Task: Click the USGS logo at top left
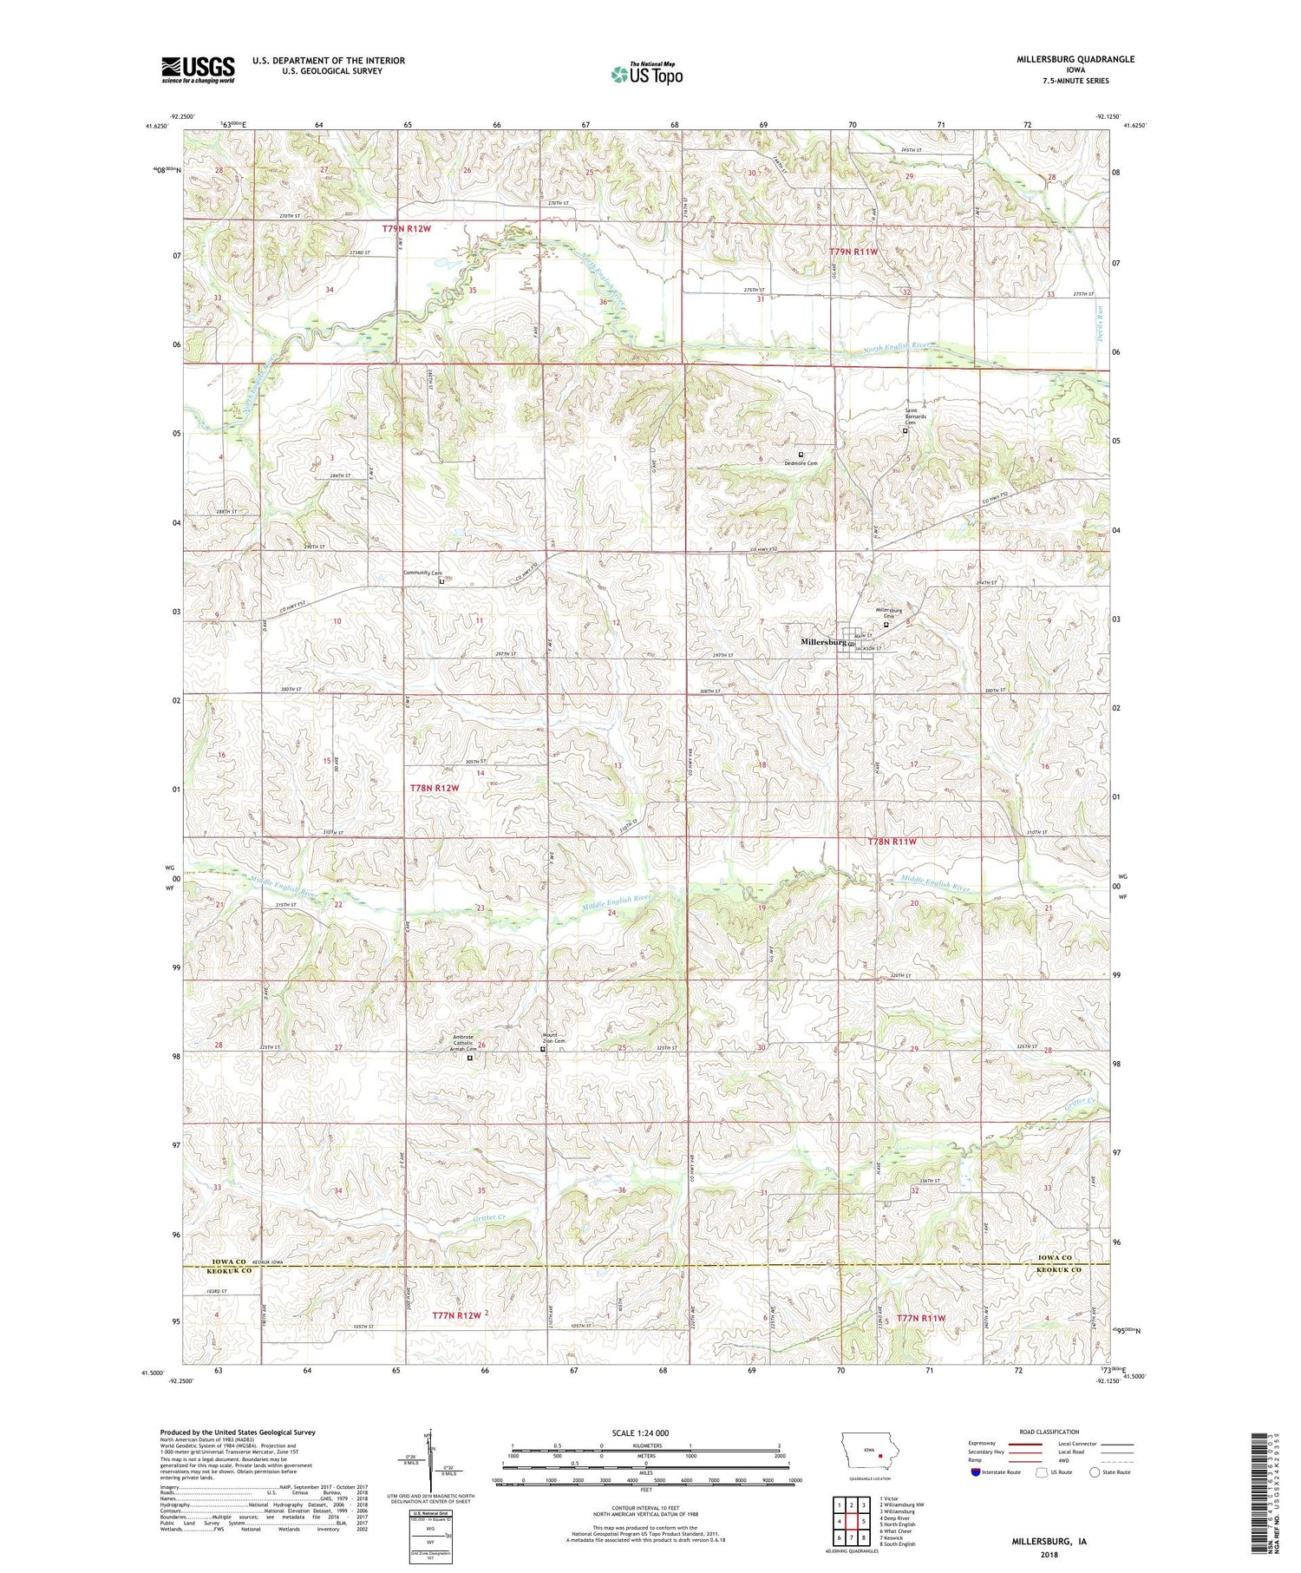pos(198,69)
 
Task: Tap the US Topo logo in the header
pos(646,75)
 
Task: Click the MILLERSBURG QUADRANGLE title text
pos(1063,59)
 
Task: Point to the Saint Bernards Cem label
pos(916,416)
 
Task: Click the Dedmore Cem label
pos(801,463)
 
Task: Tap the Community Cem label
pos(423,573)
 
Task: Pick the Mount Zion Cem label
pos(554,1038)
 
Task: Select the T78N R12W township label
pos(434,788)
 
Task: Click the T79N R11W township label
pos(854,252)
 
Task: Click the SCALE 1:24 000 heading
pos(646,1432)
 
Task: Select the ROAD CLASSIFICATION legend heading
pos(1049,1432)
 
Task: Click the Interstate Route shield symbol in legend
pos(976,1471)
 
